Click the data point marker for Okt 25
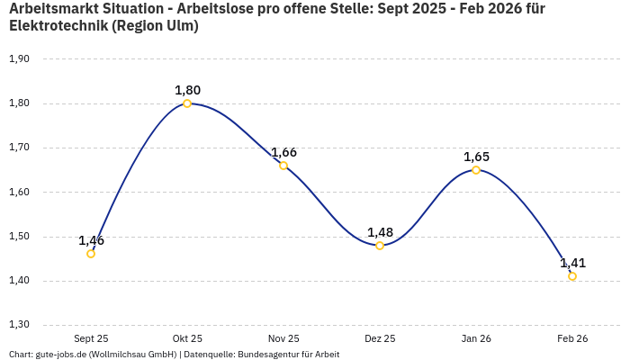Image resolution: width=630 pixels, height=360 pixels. point(187,103)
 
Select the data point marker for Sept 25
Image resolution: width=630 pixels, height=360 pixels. point(91,254)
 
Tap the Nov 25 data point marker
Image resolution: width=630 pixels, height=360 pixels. point(283,166)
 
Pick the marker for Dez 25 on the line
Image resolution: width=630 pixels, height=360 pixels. point(380,246)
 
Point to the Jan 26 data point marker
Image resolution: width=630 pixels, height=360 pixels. point(476,170)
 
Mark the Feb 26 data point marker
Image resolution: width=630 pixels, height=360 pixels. point(572,276)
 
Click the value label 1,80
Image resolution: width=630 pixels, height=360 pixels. point(187,90)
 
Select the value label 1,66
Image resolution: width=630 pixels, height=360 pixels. point(283,152)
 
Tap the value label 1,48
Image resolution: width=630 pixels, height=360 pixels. point(380,232)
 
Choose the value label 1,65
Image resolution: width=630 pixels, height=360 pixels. point(476,157)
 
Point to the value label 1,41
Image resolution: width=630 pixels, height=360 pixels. point(572,263)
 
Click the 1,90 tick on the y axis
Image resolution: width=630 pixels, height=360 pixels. point(19,58)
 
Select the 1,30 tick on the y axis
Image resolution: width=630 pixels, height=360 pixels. point(19,325)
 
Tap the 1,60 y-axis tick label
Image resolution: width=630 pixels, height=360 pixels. point(19,192)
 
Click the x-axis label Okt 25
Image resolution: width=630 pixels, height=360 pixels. point(187,338)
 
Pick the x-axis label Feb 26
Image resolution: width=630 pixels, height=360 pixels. point(572,338)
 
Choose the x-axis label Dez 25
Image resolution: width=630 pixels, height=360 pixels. point(380,338)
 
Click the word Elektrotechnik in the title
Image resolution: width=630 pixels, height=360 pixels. point(58,26)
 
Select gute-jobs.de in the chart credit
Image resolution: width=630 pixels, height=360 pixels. point(60,355)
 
